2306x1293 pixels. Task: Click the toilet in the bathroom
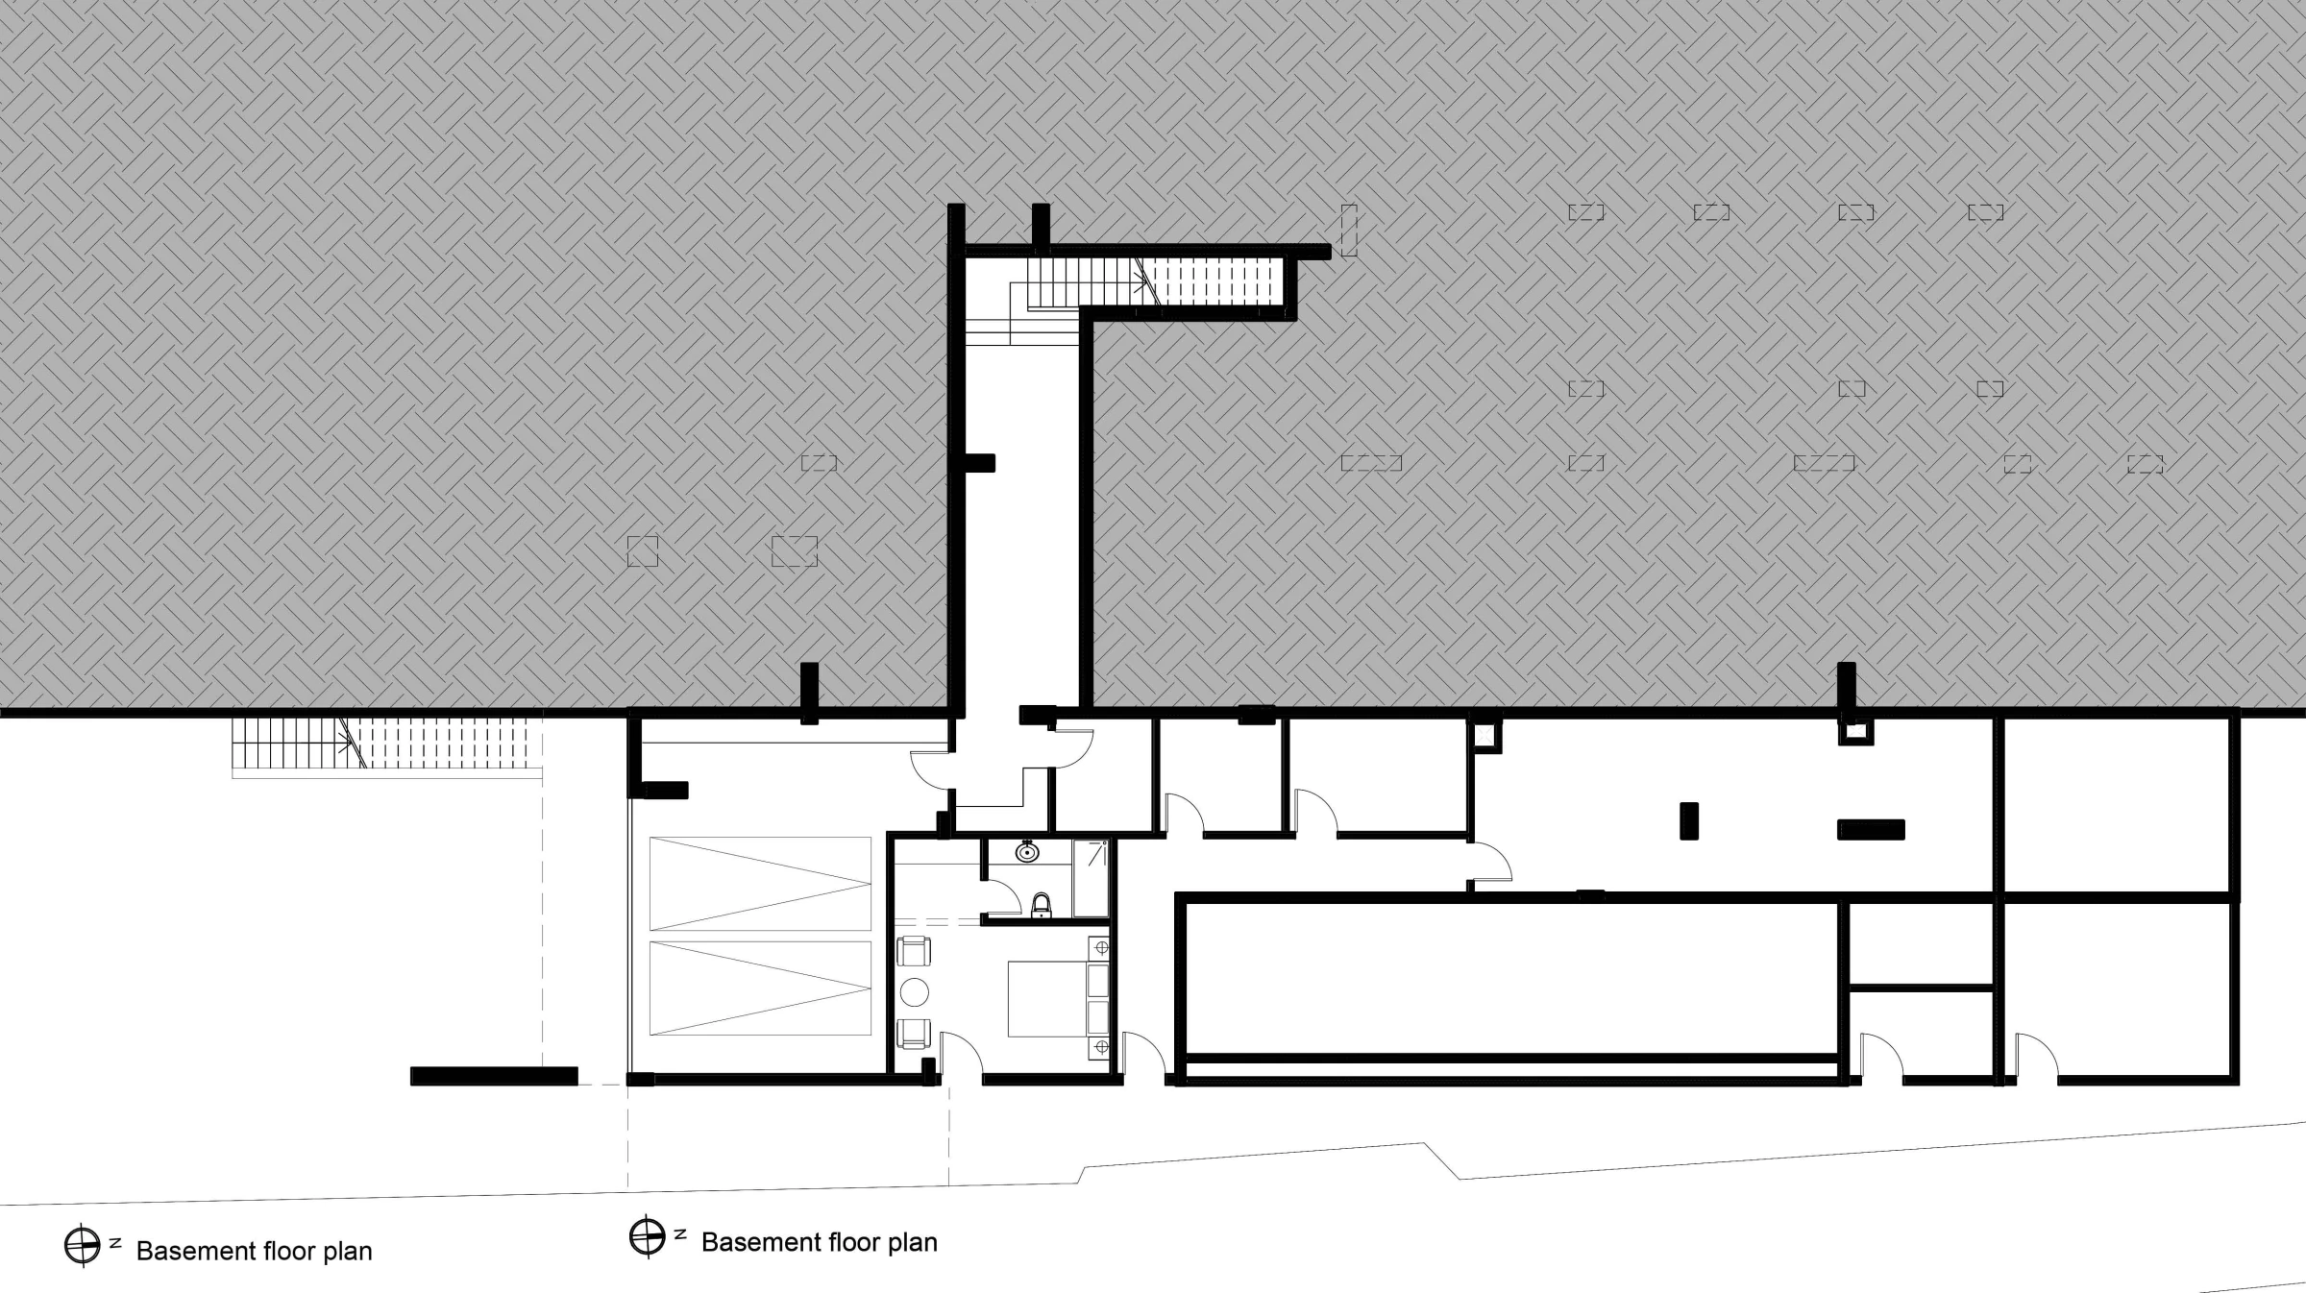[1041, 905]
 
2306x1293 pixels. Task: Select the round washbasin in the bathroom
[1027, 851]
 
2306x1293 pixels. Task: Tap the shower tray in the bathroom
[1091, 878]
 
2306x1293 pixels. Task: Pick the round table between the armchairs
[914, 992]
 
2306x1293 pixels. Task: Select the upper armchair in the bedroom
[914, 951]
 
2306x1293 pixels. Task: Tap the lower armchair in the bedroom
[914, 1034]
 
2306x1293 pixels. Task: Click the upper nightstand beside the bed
[1099, 948]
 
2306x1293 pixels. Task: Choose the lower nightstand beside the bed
[1099, 1046]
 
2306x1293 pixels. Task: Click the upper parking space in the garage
[760, 884]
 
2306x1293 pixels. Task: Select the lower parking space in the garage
[760, 988]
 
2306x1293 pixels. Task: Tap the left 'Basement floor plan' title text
[255, 1251]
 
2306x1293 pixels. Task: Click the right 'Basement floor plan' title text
[820, 1242]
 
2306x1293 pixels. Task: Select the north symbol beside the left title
[83, 1246]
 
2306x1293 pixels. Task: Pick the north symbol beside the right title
[648, 1236]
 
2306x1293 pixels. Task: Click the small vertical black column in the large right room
[1688, 821]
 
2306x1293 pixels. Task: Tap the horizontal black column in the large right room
[1871, 829]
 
